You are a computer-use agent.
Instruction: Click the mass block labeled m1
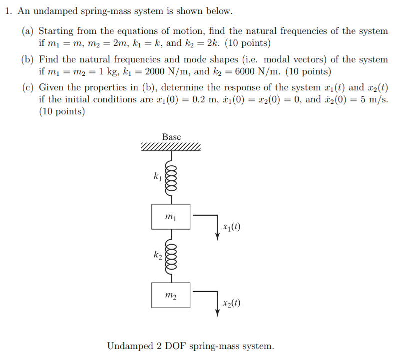pyautogui.click(x=171, y=217)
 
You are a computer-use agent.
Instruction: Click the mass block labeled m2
pyautogui.click(x=171, y=295)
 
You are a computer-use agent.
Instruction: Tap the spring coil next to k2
pyautogui.click(x=171, y=256)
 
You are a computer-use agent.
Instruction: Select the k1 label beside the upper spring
pyautogui.click(x=158, y=176)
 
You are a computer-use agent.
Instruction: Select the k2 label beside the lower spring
pyautogui.click(x=158, y=255)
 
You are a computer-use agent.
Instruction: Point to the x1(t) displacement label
pyautogui.click(x=232, y=227)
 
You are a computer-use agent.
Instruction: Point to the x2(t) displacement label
pyautogui.click(x=232, y=303)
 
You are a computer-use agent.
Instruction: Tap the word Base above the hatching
pyautogui.click(x=171, y=137)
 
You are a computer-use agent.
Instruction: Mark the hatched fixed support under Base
pyautogui.click(x=171, y=147)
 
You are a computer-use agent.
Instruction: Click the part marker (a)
pyautogui.click(x=27, y=31)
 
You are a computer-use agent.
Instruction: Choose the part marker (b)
pyautogui.click(x=27, y=59)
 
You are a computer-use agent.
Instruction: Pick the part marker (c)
pyautogui.click(x=27, y=88)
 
